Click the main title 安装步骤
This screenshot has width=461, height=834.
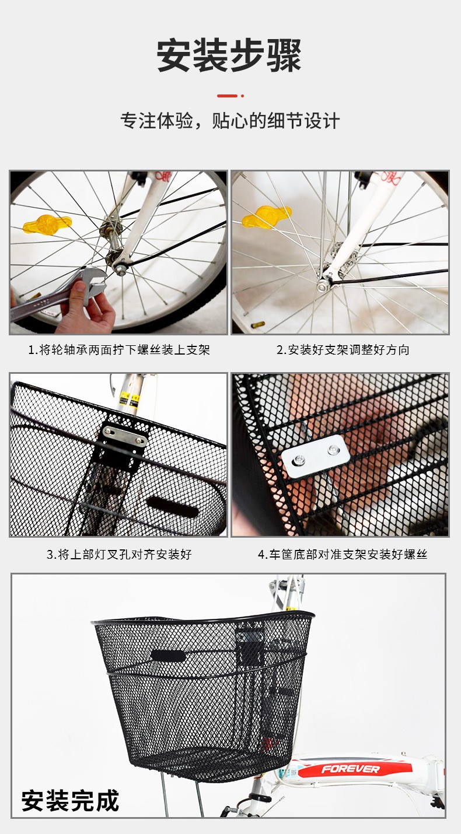click(x=229, y=56)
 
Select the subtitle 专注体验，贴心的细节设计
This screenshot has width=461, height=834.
click(x=230, y=121)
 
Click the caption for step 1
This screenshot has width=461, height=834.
click(x=119, y=349)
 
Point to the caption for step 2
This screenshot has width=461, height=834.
click(x=343, y=349)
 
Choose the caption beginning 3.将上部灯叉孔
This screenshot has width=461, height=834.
click(x=119, y=555)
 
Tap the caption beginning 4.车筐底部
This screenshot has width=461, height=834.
click(x=343, y=555)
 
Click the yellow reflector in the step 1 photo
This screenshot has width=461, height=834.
click(x=47, y=224)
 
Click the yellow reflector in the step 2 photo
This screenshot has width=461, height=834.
click(x=266, y=217)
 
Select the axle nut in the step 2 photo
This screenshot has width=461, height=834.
click(x=322, y=287)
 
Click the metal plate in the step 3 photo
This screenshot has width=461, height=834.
click(x=124, y=436)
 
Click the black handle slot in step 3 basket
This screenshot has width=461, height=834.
click(x=172, y=507)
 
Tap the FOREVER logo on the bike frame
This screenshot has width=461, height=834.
click(x=350, y=769)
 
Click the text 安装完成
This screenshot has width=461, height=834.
click(x=70, y=801)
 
